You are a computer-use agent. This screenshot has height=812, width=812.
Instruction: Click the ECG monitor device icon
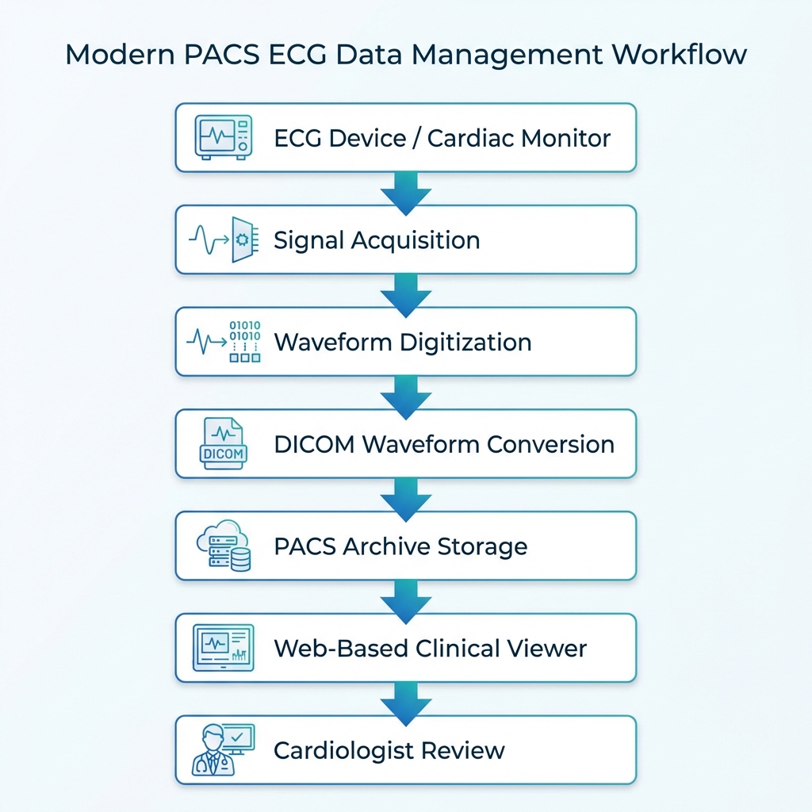[x=223, y=137]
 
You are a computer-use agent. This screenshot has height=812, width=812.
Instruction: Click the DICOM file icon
[x=223, y=444]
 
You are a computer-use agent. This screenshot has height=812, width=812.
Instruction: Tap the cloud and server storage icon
[x=223, y=546]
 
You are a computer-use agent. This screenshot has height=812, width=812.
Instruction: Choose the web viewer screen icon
[x=223, y=648]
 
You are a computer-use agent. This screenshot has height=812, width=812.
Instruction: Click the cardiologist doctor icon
[x=223, y=750]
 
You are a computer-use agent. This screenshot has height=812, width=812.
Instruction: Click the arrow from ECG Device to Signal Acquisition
[x=405, y=191]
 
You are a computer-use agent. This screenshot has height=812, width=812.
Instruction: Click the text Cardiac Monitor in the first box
[x=519, y=138]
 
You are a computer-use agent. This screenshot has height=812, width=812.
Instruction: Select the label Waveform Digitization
[x=402, y=343]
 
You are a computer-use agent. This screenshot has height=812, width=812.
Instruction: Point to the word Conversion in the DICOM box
[x=550, y=444]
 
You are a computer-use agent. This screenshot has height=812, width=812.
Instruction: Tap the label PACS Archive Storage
[x=400, y=546]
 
